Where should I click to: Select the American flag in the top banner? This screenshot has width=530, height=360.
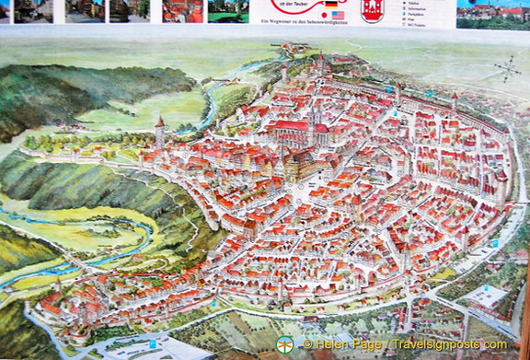338,16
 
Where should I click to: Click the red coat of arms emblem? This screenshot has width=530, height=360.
372,10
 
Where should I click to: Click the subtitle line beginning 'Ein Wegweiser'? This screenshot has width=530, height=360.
285,16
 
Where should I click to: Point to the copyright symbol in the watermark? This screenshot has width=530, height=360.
309,344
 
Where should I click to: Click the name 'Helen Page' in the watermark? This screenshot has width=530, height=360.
351,344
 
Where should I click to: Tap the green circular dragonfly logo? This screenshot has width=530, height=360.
285,344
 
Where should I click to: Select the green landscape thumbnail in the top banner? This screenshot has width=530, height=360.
227,10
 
